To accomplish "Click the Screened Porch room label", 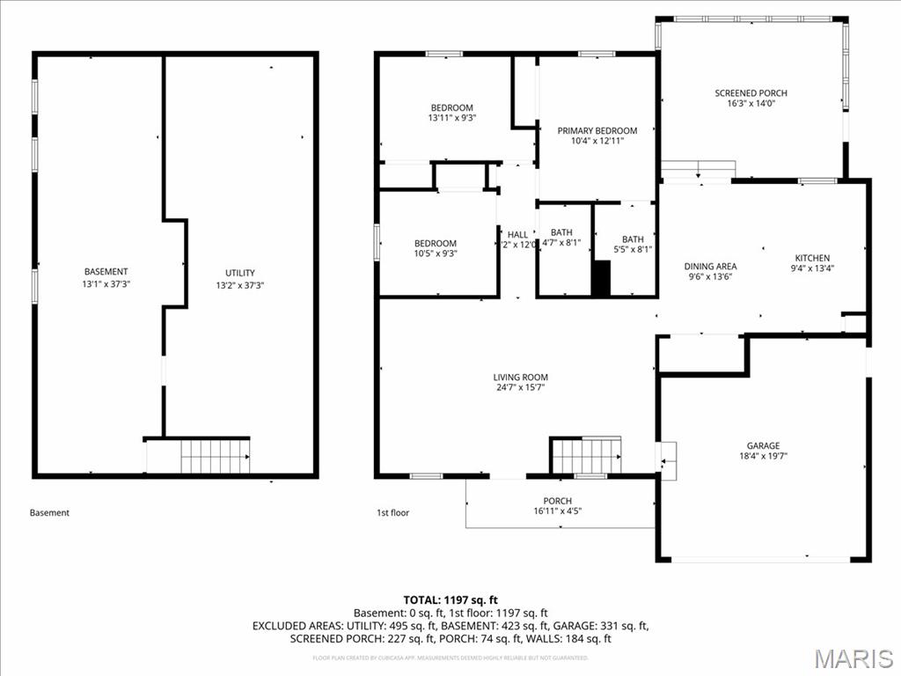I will click(751, 93).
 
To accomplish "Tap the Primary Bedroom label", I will click(597, 131).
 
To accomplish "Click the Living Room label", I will click(520, 378).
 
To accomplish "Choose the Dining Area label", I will click(710, 266).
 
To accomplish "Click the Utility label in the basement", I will click(239, 273).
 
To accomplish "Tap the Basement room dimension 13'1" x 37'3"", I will click(106, 284).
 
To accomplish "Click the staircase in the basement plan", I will click(215, 456).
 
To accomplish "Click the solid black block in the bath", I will click(601, 278).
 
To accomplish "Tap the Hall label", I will click(518, 234).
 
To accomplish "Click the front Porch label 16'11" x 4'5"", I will click(557, 506).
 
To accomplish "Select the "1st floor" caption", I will click(392, 512).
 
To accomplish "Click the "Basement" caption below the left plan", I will click(49, 512).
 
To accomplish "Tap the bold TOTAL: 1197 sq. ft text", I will click(450, 599).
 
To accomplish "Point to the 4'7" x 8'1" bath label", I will click(561, 238).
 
